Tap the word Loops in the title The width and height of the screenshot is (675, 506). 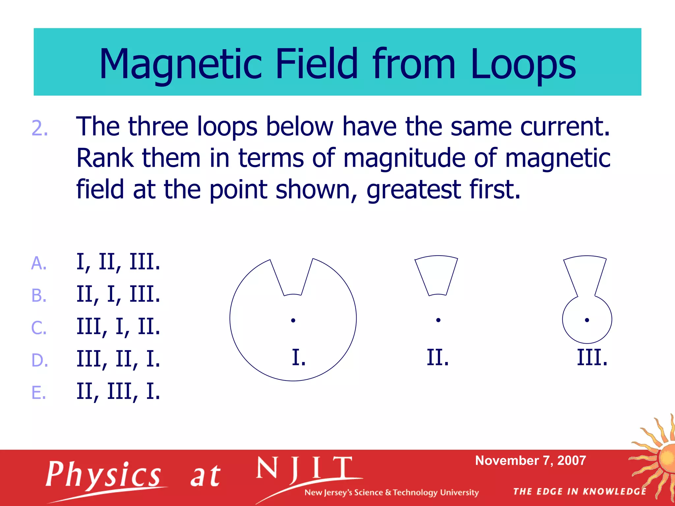[x=523, y=64]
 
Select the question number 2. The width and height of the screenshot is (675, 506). [x=40, y=128]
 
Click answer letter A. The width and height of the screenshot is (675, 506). [x=39, y=263]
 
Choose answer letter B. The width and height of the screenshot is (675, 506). [x=39, y=295]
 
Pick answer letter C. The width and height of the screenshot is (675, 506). [x=39, y=328]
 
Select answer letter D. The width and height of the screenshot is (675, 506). [x=40, y=360]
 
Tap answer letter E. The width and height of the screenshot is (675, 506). [x=39, y=392]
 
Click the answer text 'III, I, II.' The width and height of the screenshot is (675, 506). [x=118, y=327]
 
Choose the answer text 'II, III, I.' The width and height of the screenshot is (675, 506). [x=118, y=391]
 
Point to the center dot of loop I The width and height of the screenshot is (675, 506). [x=293, y=320]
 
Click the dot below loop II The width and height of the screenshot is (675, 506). [x=438, y=320]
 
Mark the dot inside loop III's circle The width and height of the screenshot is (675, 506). [x=587, y=320]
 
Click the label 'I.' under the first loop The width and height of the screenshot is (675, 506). [x=299, y=357]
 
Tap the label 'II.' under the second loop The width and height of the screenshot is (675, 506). [x=438, y=357]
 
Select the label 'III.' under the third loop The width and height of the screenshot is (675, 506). [x=592, y=357]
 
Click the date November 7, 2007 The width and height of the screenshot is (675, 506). [x=531, y=461]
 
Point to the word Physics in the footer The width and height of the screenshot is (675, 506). [x=103, y=475]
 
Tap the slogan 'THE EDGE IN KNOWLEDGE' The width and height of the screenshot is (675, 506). [x=580, y=492]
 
